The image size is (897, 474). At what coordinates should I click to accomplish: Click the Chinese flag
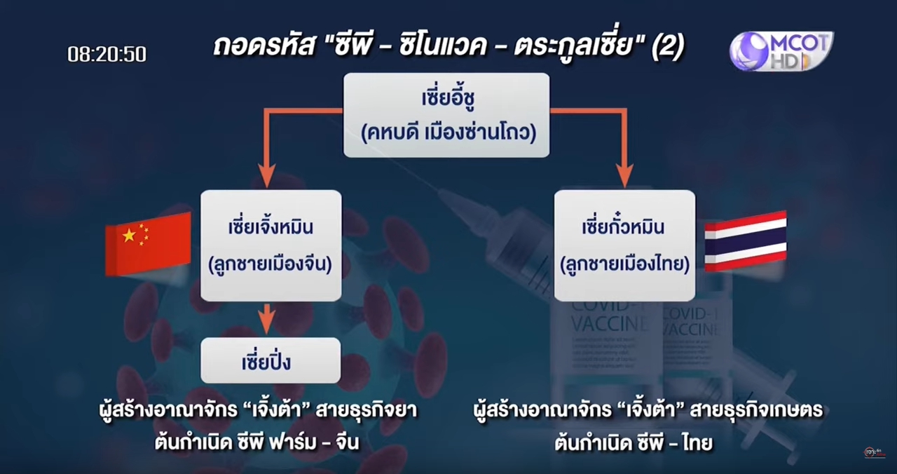(148, 243)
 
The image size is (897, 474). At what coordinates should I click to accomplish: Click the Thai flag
(745, 241)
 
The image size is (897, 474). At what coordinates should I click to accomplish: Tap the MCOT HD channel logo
(781, 50)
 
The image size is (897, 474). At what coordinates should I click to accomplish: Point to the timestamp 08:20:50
(107, 54)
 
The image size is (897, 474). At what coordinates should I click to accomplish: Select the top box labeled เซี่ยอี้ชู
(446, 115)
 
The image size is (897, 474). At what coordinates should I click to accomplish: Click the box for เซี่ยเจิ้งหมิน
(271, 245)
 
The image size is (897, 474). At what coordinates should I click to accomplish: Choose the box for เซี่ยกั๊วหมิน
(624, 245)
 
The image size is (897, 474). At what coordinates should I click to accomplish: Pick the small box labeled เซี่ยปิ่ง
(271, 361)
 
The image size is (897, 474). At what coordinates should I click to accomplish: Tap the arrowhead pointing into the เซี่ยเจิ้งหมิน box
(266, 177)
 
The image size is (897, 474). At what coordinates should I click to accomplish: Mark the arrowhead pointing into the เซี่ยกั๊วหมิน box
(624, 177)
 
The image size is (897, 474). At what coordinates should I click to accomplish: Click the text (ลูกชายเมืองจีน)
(271, 265)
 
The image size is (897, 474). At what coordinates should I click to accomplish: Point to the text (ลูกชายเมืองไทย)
(624, 265)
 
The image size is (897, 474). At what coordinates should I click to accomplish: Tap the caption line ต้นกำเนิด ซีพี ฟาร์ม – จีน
(256, 443)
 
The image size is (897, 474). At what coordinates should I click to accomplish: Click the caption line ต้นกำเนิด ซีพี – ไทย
(633, 443)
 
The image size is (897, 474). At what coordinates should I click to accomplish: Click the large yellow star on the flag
(129, 236)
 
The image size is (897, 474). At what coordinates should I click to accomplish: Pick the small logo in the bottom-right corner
(873, 452)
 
